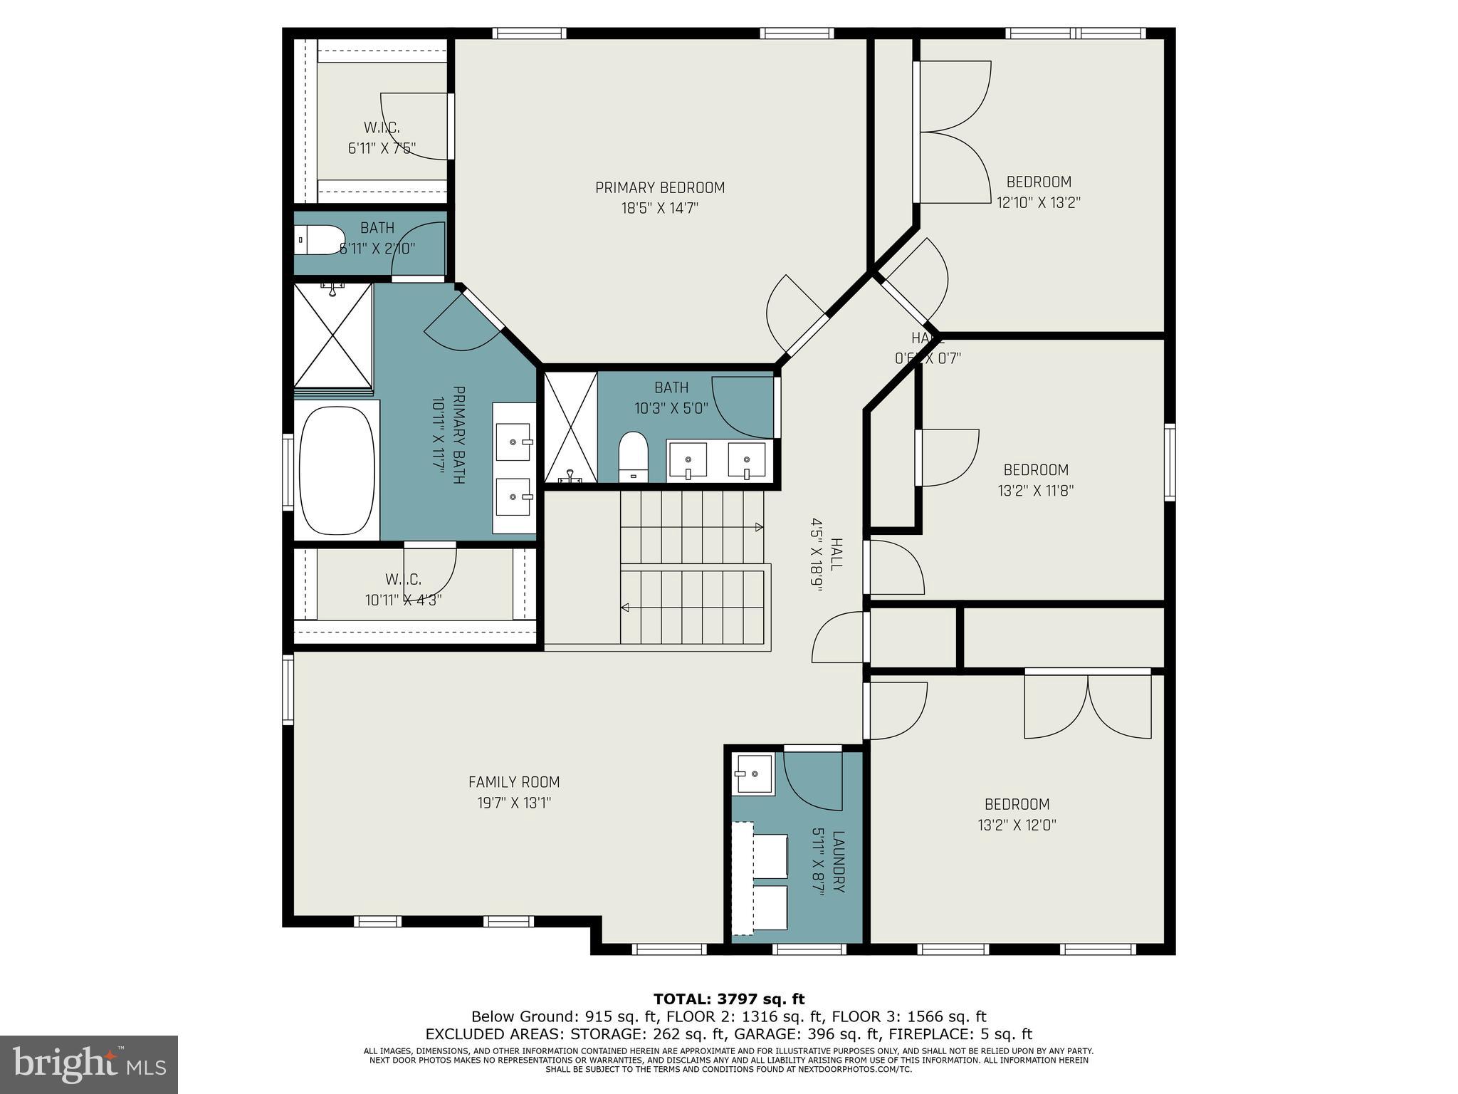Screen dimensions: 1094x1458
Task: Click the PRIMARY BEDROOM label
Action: (x=660, y=188)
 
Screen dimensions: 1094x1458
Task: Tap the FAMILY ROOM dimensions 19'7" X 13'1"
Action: (x=514, y=803)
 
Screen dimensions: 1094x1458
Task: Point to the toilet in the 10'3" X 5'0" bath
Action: (x=632, y=456)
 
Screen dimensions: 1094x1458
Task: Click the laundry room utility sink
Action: (x=752, y=773)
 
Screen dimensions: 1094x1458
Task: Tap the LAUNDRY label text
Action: (x=838, y=862)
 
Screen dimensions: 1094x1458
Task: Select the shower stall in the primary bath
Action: (x=333, y=335)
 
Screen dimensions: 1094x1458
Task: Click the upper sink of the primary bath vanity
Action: (x=513, y=442)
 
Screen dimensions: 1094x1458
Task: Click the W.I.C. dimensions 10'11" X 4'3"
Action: (x=404, y=600)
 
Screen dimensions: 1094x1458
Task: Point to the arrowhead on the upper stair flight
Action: (x=759, y=527)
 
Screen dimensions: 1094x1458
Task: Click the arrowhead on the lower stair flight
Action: (x=625, y=608)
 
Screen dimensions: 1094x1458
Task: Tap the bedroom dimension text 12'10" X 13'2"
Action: (x=1038, y=202)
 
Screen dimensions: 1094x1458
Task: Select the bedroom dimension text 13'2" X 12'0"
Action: (x=1017, y=825)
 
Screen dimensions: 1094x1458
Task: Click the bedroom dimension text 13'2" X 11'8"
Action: (x=1036, y=490)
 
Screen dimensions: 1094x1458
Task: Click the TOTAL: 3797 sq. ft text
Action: (x=728, y=999)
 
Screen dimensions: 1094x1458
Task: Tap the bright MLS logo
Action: (x=89, y=1064)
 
